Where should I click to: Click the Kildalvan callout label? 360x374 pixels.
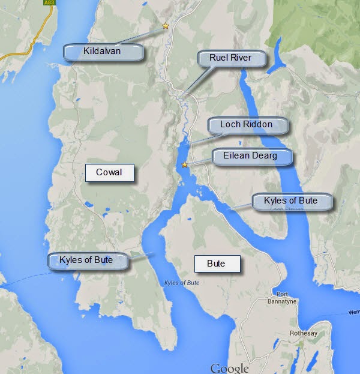(104, 52)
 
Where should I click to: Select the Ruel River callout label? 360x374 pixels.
(230, 58)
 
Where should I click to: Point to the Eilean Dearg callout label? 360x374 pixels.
(253, 156)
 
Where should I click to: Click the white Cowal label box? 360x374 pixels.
(109, 172)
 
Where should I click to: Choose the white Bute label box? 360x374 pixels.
(216, 264)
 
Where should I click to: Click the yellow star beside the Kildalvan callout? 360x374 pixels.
(166, 26)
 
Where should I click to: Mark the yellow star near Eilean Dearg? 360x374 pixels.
(185, 165)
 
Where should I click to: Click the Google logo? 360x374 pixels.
(229, 367)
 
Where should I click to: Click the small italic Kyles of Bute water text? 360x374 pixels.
(182, 283)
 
